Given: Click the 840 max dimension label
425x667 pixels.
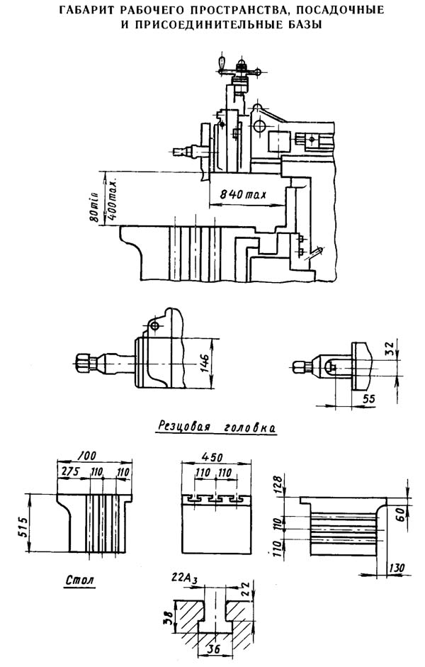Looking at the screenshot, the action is pyautogui.click(x=243, y=194).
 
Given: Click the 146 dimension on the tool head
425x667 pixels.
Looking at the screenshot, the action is pyautogui.click(x=205, y=362).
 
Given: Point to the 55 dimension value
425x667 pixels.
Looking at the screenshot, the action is pyautogui.click(x=369, y=398).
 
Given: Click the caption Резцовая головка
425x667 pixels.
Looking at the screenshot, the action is pyautogui.click(x=217, y=426).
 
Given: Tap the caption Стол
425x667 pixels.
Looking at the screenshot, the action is pyautogui.click(x=80, y=580).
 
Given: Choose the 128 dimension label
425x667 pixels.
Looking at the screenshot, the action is pyautogui.click(x=277, y=485).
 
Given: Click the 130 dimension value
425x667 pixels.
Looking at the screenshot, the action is pyautogui.click(x=397, y=568).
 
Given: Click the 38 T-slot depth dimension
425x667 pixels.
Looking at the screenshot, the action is pyautogui.click(x=169, y=617).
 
